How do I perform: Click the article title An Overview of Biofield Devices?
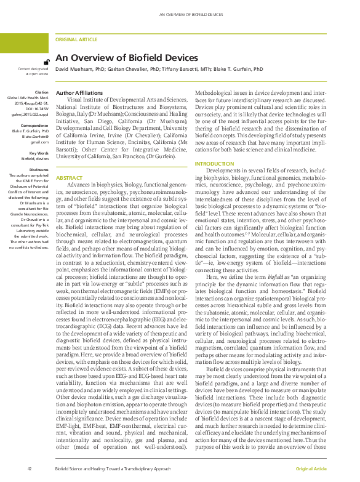[x=127, y=58]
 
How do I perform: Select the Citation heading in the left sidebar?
[x=41, y=92]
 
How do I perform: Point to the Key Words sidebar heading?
[x=39, y=152]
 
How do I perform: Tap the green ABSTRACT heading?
[x=69, y=160]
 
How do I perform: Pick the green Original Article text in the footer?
[x=311, y=469]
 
